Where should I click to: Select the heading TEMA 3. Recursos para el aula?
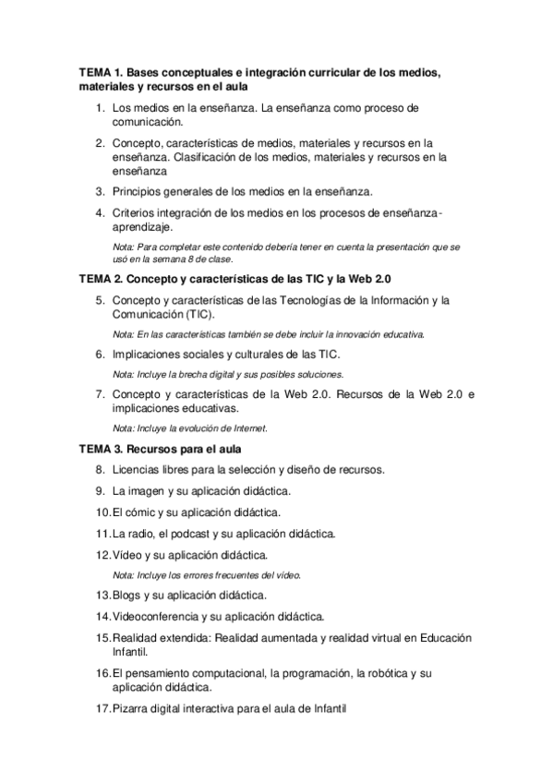point(160,450)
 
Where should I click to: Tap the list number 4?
point(100,213)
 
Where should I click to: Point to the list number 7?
point(100,395)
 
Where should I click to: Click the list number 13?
point(102,595)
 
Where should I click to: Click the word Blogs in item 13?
point(127,595)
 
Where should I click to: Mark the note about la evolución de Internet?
point(190,428)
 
